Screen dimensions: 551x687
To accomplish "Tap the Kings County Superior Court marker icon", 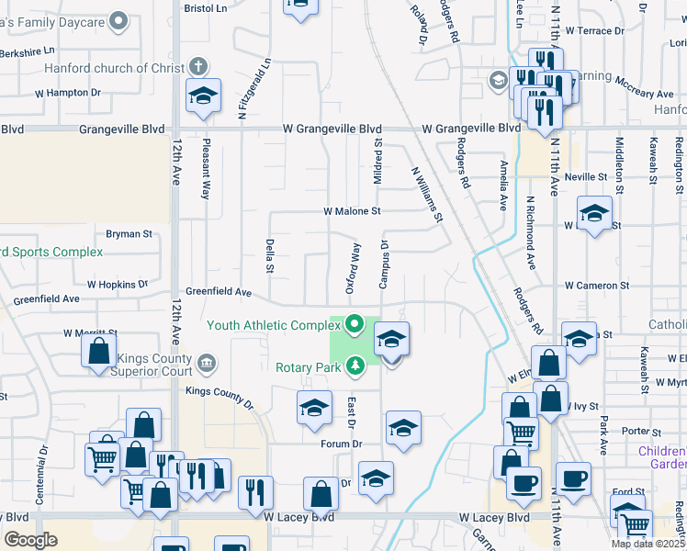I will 207,365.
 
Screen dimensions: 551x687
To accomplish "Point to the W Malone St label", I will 352,211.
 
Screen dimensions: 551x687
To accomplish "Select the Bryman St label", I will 129,234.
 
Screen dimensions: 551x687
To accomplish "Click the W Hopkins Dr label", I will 117,286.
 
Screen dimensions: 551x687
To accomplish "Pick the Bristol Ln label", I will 205,7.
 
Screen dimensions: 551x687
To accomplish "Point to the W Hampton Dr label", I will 68,93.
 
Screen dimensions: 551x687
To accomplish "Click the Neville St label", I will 587,176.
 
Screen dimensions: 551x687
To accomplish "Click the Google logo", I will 30,541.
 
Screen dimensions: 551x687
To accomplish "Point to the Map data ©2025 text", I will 647,544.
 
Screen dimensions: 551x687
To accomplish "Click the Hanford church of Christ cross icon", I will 198,66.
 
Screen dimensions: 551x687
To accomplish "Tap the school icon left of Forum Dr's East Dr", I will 314,407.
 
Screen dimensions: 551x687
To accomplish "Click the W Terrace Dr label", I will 594,30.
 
